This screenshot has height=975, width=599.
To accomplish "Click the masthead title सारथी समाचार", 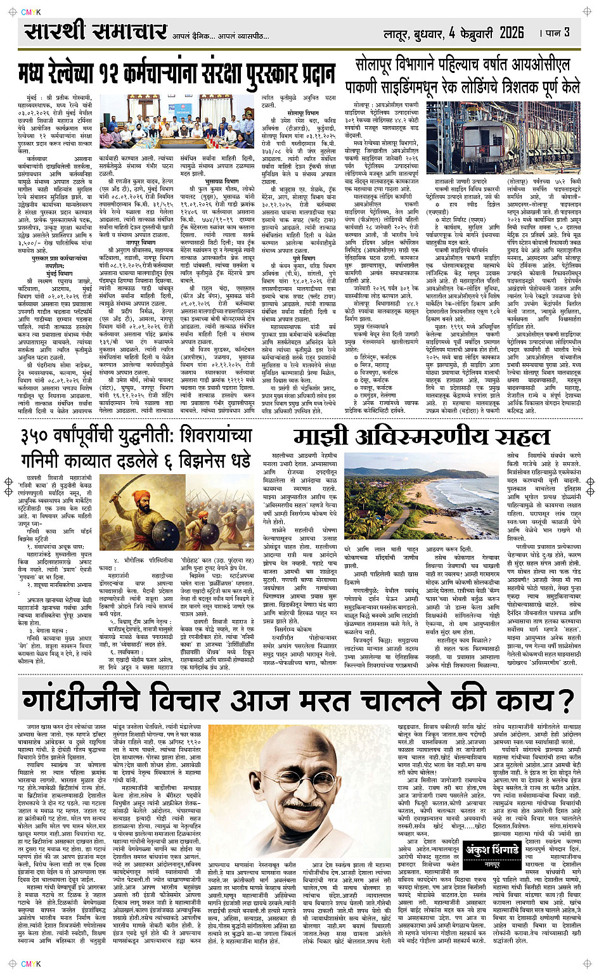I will (96, 31).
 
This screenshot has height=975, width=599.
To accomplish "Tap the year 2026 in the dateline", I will (512, 32).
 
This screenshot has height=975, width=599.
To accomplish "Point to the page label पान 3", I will (558, 32).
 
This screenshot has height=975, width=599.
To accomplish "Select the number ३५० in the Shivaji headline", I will (43, 436).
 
